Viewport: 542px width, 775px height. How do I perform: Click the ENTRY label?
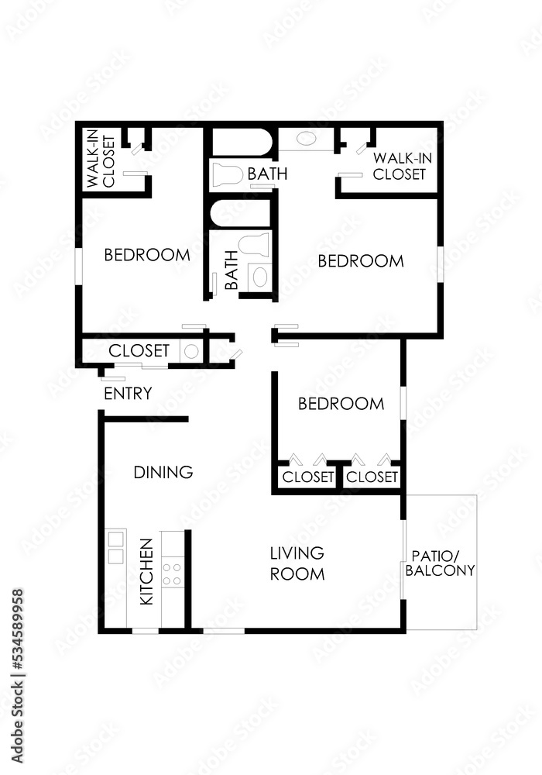tap(128, 394)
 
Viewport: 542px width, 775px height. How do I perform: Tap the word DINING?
tap(163, 472)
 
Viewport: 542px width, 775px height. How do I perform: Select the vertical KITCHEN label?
tap(146, 572)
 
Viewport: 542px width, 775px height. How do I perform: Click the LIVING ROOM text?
tap(297, 563)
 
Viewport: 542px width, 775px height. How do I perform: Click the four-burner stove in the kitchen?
tap(172, 573)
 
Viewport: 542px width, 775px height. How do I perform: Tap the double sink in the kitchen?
tap(116, 547)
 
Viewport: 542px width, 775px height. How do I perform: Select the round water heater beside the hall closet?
tap(190, 351)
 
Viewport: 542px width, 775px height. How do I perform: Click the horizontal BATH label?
tap(267, 174)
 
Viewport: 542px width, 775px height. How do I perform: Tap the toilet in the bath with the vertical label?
tap(254, 245)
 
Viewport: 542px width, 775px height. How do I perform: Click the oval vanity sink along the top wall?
tap(307, 140)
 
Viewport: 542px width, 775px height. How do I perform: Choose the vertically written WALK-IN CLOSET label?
tap(101, 162)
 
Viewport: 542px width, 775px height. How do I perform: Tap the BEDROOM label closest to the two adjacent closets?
tap(341, 404)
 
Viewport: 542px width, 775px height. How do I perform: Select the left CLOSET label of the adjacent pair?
tap(308, 477)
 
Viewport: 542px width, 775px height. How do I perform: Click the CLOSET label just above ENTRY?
tap(139, 351)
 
